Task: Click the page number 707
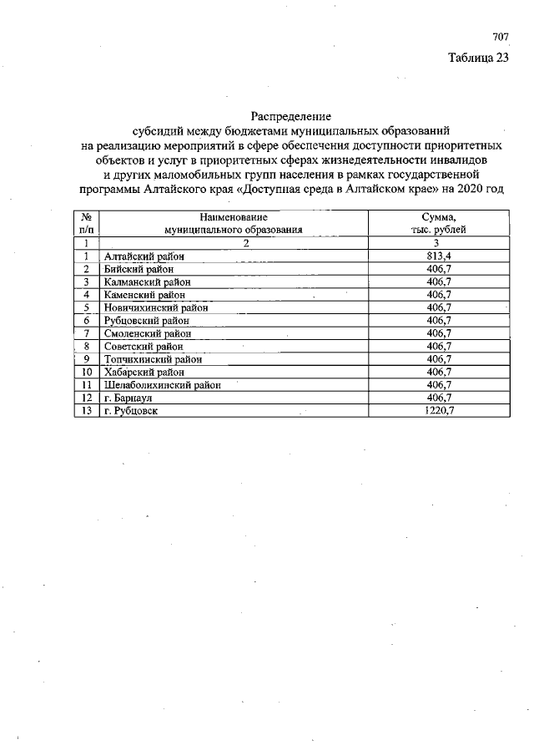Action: click(500, 38)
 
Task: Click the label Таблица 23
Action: click(477, 58)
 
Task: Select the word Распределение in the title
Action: click(291, 116)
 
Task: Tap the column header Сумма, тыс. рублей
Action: click(438, 222)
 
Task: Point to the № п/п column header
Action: click(86, 222)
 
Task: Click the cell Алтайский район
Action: click(144, 256)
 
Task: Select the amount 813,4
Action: click(438, 256)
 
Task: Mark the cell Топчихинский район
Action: click(153, 359)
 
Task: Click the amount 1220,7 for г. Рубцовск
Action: click(438, 411)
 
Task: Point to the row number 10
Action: click(86, 372)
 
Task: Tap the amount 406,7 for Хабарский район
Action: click(438, 372)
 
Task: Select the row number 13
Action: click(86, 411)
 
